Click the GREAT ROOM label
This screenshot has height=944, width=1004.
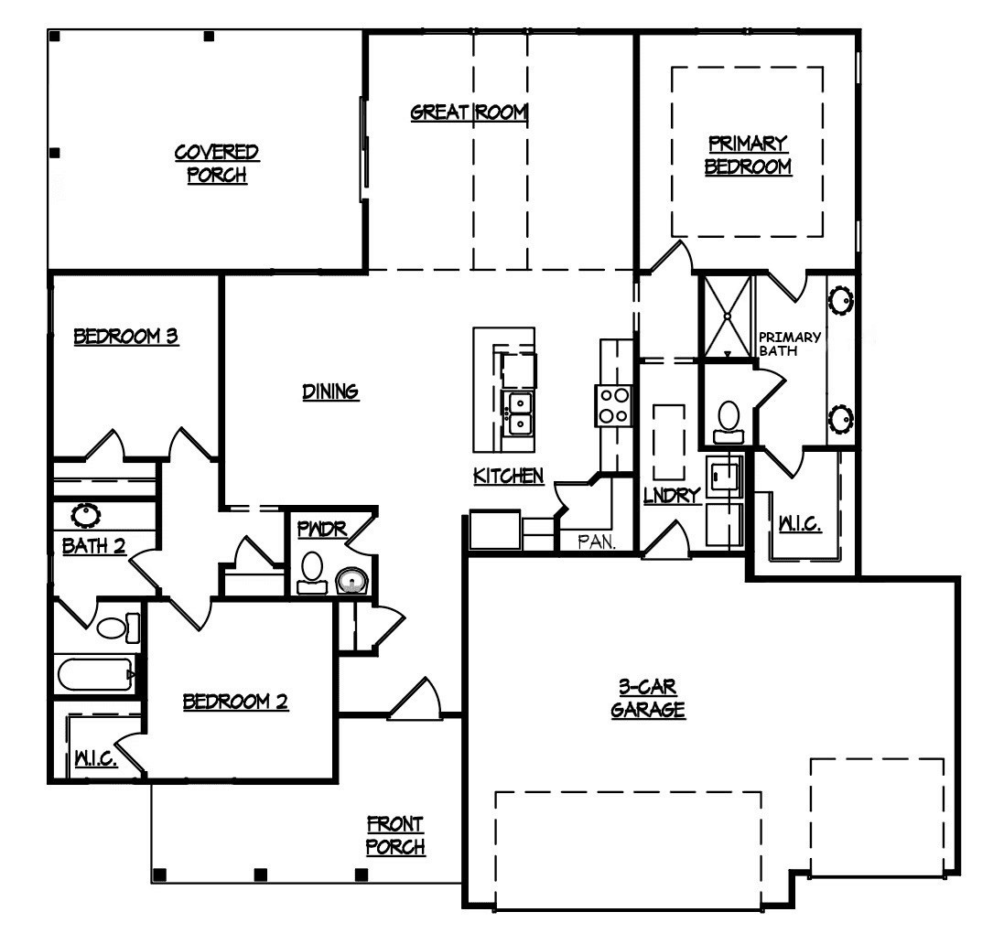point(470,113)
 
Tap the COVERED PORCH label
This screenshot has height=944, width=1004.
point(216,163)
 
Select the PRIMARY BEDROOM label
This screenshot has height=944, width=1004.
point(748,155)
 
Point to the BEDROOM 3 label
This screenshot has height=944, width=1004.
point(126,336)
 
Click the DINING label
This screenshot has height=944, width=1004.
point(330,391)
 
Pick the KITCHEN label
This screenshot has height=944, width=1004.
point(508,476)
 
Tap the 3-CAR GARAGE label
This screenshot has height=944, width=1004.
point(648,698)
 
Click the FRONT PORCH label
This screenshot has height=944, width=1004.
point(395,835)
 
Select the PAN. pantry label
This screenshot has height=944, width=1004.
point(597,542)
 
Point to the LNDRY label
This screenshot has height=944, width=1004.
point(671,495)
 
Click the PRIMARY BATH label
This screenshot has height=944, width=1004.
point(790,344)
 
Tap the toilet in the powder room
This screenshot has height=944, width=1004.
point(312,573)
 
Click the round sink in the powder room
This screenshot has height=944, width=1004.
point(351,581)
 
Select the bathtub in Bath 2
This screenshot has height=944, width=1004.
point(96,673)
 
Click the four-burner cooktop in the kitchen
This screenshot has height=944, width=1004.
point(613,405)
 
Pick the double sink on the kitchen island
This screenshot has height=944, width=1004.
point(518,413)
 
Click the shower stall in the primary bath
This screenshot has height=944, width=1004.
point(728,316)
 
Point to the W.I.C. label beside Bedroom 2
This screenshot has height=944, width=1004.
point(96,759)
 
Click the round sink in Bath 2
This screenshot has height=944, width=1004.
point(86,514)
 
